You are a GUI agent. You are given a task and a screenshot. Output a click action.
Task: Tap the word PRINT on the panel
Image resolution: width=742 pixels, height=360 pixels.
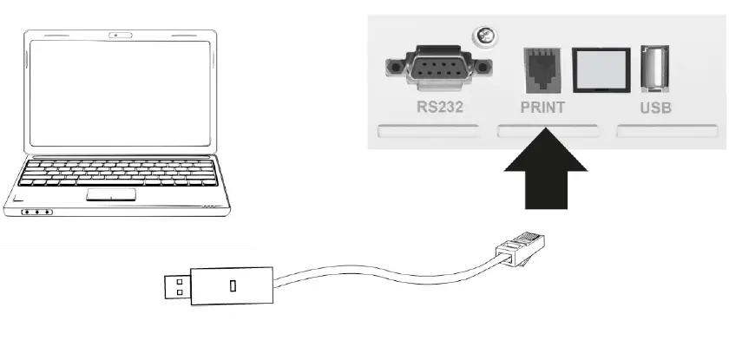click(542, 108)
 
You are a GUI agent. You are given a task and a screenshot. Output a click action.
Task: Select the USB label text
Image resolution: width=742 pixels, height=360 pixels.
click(656, 108)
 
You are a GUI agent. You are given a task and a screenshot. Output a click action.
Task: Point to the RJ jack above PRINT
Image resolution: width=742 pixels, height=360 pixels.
click(542, 68)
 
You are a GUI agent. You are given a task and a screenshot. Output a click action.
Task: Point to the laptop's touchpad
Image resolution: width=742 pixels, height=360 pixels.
click(110, 193)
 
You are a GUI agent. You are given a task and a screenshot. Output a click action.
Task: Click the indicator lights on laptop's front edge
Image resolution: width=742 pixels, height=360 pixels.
click(36, 212)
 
